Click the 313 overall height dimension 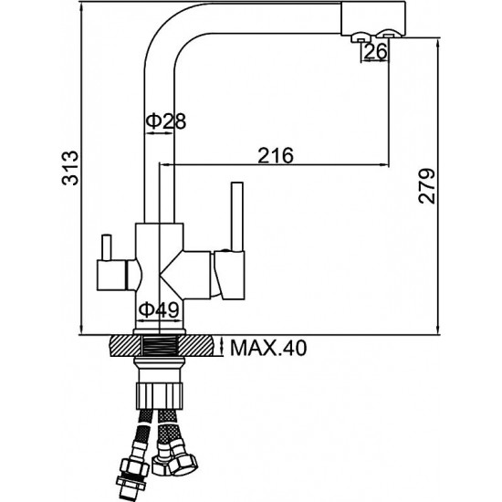pos(69,168)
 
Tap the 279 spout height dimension pos(427,186)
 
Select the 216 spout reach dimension pos(276,155)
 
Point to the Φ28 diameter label pos(166,121)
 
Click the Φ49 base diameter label pos(159,309)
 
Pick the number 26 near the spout pos(376,51)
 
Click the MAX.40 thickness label pos(268,348)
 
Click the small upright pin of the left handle pos(107,246)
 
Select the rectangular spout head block pos(373,18)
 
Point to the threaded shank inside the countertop pos(160,346)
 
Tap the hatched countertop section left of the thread pos(126,346)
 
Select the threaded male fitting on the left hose pos(128,484)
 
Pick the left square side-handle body pos(112,276)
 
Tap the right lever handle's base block pos(230,276)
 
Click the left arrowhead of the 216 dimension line pos(164,165)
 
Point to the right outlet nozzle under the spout pos(389,36)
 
